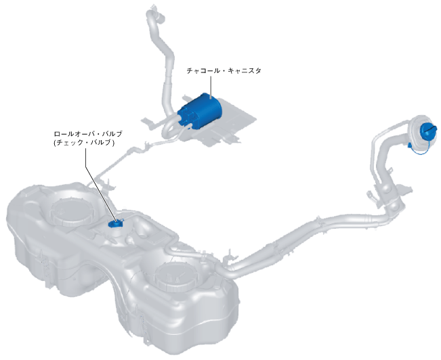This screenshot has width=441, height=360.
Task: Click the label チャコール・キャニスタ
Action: coord(223,70)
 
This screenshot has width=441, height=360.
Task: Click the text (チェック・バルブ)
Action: coord(83,144)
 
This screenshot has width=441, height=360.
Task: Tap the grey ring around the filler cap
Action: coord(415,133)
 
